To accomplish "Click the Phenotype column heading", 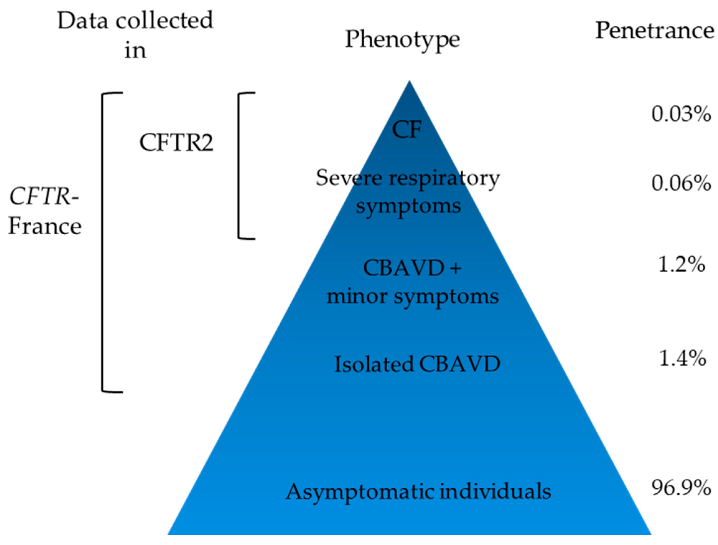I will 402,40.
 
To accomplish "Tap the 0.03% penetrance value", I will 681,114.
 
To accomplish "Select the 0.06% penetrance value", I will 681,184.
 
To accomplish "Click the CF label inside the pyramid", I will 407,130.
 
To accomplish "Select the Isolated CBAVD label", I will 417,364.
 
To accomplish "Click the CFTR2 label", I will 176,143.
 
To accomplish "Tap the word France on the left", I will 45,226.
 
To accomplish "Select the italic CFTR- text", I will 44,197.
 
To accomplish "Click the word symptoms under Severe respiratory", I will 408,206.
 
